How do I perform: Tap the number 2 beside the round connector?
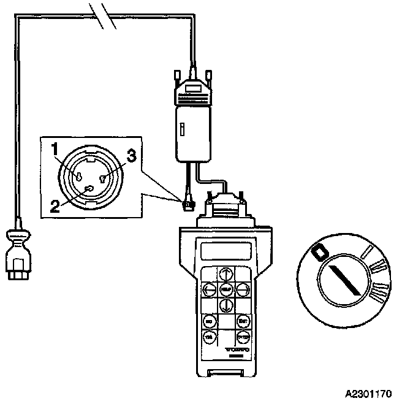point(55,204)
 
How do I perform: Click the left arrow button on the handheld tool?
point(208,288)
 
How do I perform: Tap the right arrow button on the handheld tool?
point(242,288)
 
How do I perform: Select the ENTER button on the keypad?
point(243,337)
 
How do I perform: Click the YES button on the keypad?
point(208,337)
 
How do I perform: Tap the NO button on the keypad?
point(208,321)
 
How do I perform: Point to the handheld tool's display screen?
point(225,250)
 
